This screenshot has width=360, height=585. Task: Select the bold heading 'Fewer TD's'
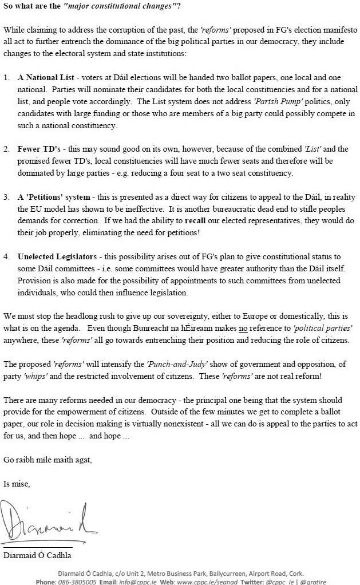pyautogui.click(x=38, y=149)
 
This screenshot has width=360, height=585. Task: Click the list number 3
pyautogui.click(x=7, y=197)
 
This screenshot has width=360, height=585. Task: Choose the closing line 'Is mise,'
pyautogui.click(x=17, y=484)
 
